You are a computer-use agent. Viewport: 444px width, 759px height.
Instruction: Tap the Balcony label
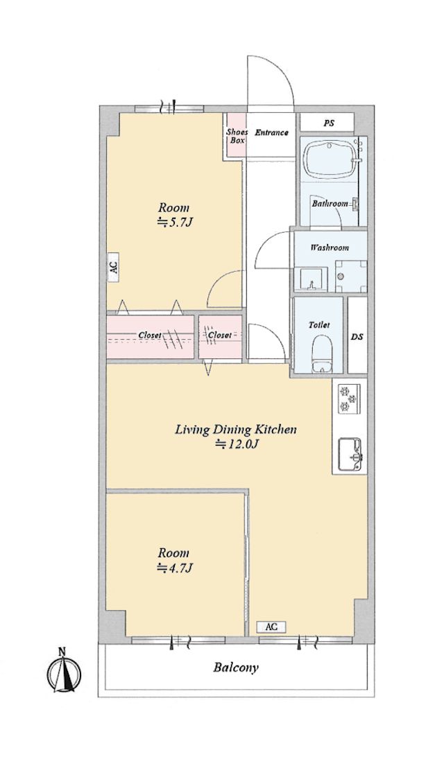236,668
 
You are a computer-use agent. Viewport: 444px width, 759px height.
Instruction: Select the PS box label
329,123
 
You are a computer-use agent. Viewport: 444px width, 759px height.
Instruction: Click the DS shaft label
357,336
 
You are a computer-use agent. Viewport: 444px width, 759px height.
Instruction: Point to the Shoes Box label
237,136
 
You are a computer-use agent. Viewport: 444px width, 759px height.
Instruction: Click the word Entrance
271,132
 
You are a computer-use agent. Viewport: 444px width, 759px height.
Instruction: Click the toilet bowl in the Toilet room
320,354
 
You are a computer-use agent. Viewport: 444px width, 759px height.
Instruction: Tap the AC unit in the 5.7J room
113,267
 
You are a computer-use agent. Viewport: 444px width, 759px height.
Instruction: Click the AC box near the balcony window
271,627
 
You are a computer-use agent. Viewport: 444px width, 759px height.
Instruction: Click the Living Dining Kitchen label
236,429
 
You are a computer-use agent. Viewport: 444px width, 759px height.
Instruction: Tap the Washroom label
330,247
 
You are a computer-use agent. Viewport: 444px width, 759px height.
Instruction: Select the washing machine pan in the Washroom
350,276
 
